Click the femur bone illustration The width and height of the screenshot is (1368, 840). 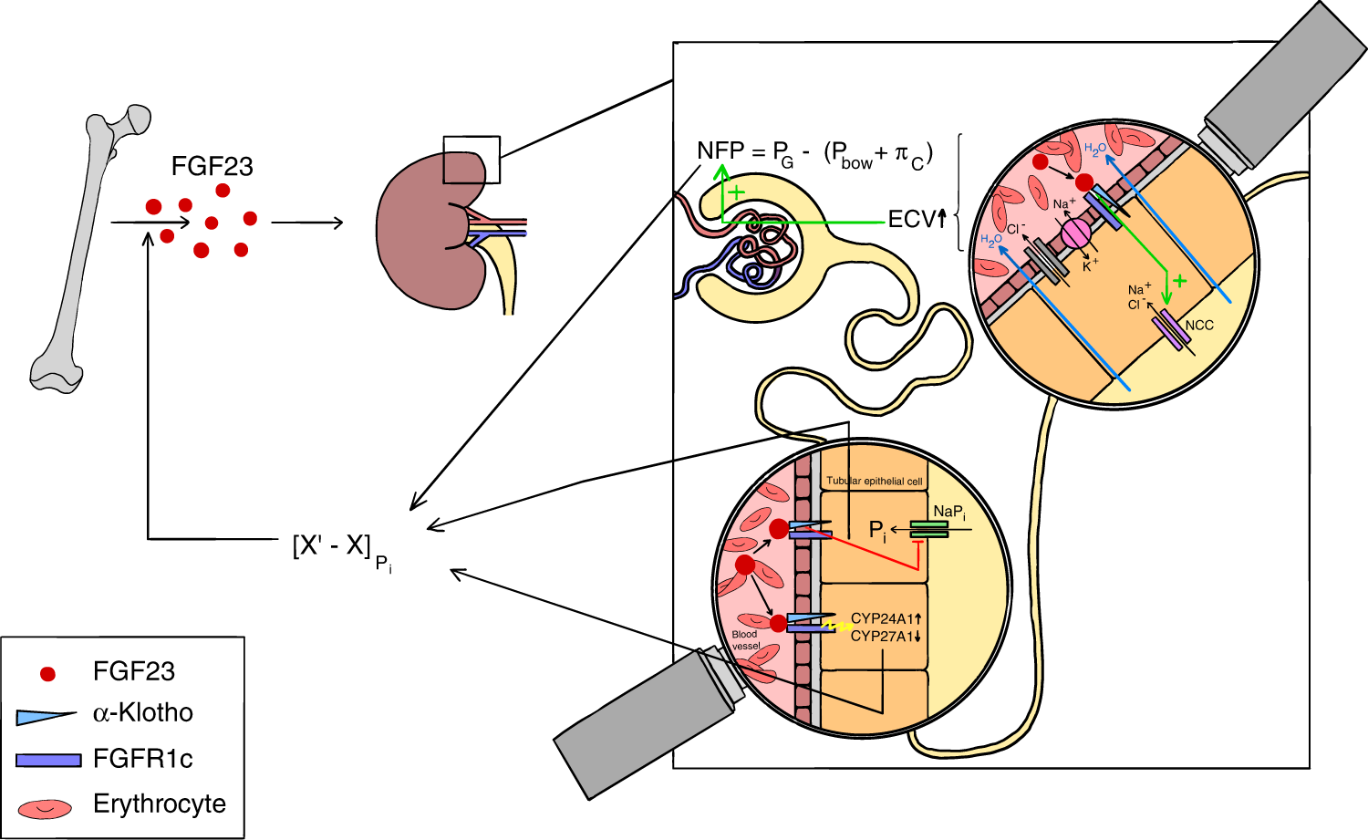click(x=88, y=246)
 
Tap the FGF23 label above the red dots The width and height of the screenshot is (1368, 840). click(x=212, y=166)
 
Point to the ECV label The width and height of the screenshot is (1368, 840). click(x=912, y=219)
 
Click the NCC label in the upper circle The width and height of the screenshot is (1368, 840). click(x=1199, y=325)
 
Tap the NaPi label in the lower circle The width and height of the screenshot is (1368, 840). click(x=949, y=513)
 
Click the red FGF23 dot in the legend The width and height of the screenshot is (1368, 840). click(x=47, y=674)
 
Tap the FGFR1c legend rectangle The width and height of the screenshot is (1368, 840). click(x=48, y=760)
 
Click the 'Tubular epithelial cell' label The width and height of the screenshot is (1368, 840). click(x=874, y=481)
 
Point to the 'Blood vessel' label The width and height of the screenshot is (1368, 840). click(x=745, y=639)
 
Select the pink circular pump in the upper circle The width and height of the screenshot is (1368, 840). click(x=1075, y=233)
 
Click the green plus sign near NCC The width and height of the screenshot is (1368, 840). click(x=1180, y=281)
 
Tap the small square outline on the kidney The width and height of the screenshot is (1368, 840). click(x=472, y=160)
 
